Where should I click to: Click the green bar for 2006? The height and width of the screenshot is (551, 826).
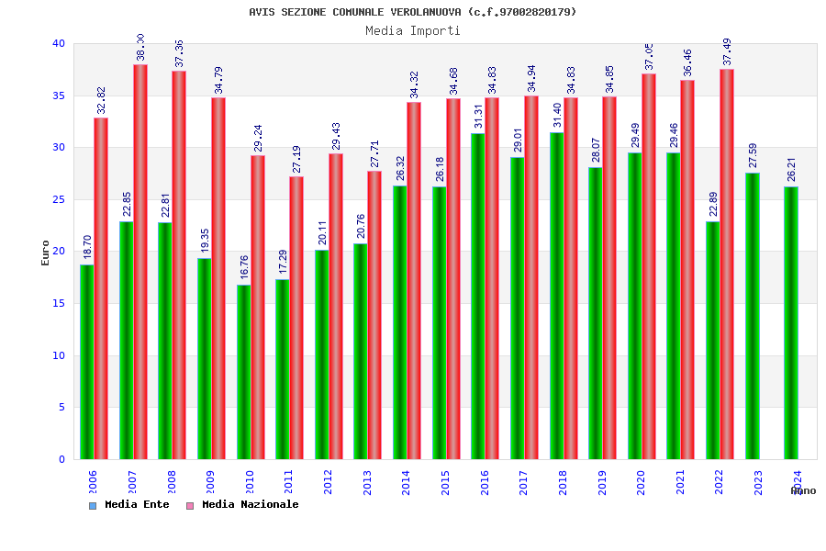(86, 362)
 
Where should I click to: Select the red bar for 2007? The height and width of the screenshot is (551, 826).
(140, 262)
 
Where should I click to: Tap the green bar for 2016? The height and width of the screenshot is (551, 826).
(478, 296)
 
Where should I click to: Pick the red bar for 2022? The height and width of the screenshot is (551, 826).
(727, 264)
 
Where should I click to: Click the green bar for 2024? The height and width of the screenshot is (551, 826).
(791, 322)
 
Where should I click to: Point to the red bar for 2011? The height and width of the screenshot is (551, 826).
(296, 318)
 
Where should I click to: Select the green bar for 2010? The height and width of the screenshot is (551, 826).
(243, 372)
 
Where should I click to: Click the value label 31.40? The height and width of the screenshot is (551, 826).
(557, 115)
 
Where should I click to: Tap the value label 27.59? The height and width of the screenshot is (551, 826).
(753, 154)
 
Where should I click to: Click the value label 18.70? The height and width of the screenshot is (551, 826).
(87, 247)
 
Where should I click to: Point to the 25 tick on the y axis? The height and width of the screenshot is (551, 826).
(59, 199)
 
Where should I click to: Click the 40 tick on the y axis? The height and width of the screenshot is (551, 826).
(59, 43)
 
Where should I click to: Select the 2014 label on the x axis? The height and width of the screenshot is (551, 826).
(407, 483)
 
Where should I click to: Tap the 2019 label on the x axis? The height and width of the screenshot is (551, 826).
(602, 483)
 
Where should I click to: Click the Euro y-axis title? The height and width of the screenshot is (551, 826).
(46, 253)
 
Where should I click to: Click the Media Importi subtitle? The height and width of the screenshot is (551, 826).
(413, 30)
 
